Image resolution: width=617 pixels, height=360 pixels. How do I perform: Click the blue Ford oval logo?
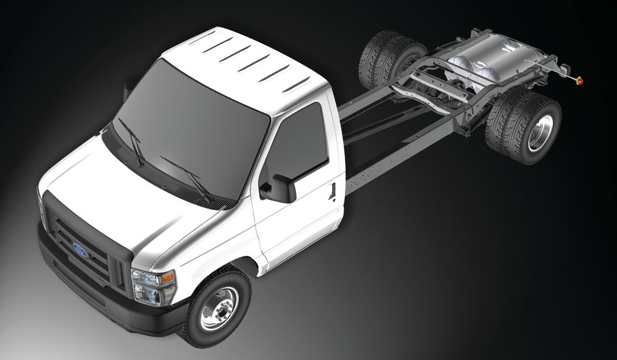(80, 249)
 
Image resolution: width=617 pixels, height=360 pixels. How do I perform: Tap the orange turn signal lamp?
(168, 278)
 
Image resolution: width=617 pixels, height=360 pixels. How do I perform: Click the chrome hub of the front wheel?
(220, 309)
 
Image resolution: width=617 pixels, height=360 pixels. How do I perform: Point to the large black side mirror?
(280, 189)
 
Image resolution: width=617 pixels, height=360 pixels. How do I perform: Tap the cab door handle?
(333, 191)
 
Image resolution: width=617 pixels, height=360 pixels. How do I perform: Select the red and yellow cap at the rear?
(579, 81)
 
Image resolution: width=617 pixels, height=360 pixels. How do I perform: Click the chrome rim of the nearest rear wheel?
(540, 133)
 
